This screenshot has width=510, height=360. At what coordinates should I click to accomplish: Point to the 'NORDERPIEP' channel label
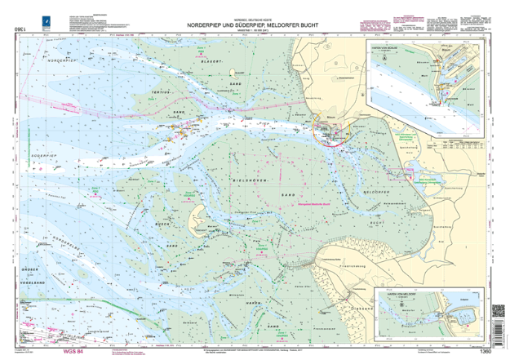pyautogui.click(x=64, y=62)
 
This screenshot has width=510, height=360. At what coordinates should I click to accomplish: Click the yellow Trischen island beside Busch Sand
pyautogui.click(x=197, y=218)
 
